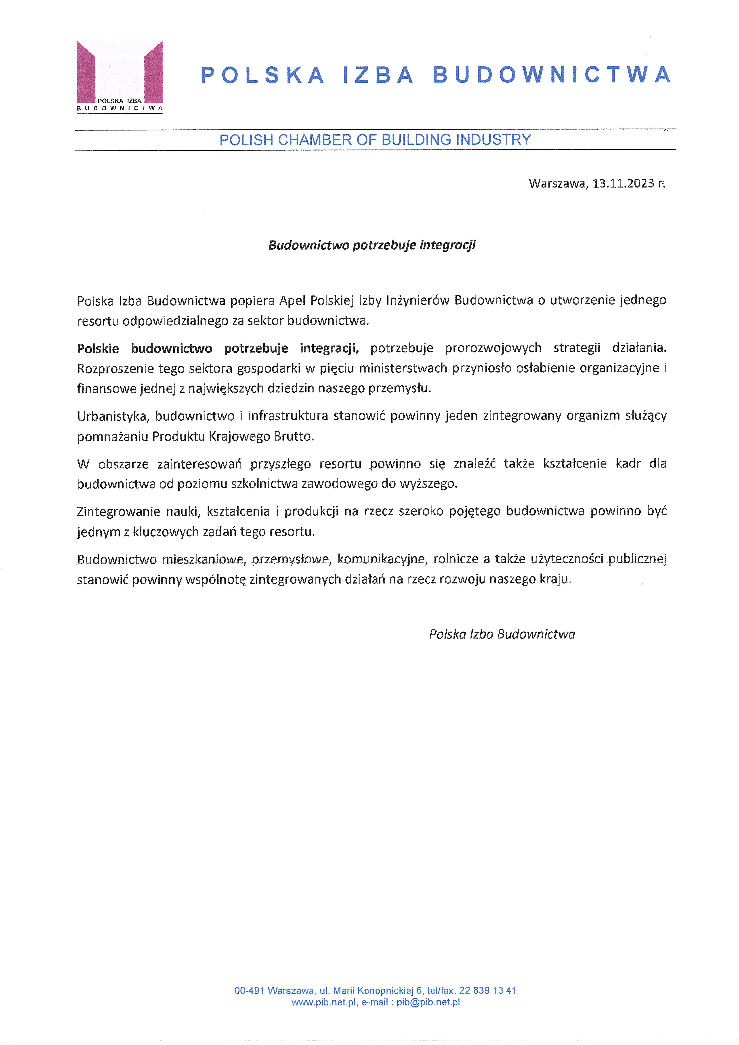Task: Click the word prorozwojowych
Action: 493,348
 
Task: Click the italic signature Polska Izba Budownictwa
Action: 502,634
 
